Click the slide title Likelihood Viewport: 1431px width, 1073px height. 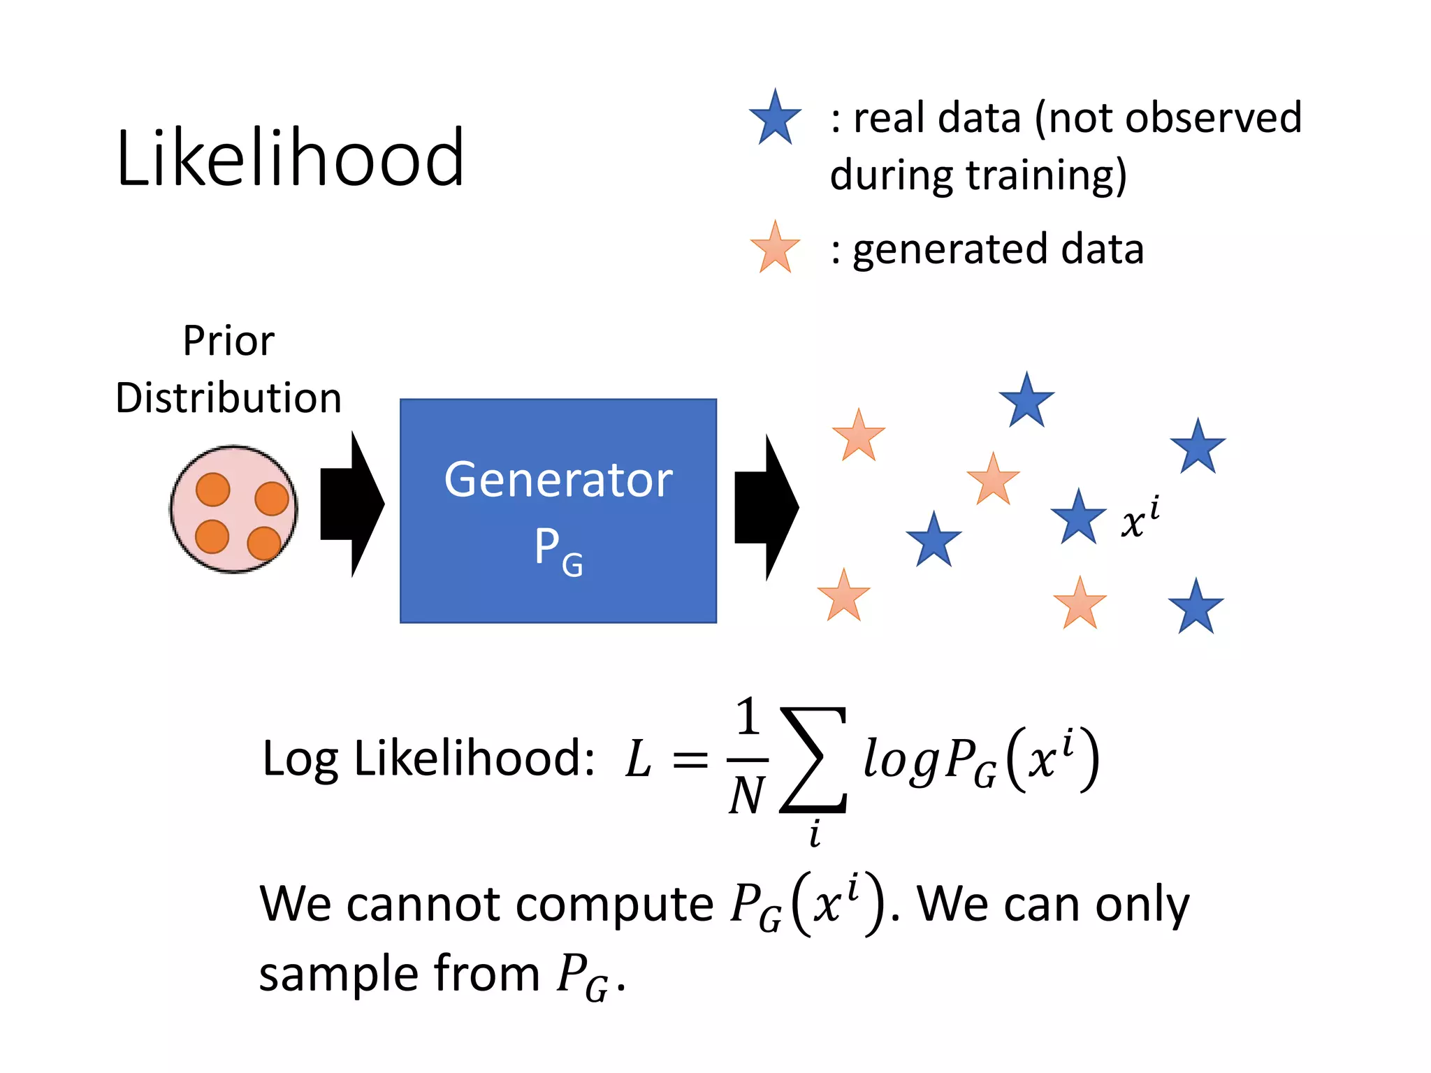[x=290, y=158]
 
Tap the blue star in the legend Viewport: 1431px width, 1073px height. [x=775, y=119]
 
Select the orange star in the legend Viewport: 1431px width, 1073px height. [x=775, y=248]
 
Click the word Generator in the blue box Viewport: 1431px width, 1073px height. [x=558, y=480]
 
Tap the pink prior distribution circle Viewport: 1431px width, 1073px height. [x=234, y=509]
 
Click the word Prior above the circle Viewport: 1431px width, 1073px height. [x=228, y=341]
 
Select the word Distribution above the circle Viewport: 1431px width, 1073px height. [x=228, y=398]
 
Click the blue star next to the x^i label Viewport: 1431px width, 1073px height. [x=1078, y=518]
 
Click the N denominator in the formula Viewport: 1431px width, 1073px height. [x=747, y=796]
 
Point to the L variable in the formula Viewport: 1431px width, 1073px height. [x=638, y=759]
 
